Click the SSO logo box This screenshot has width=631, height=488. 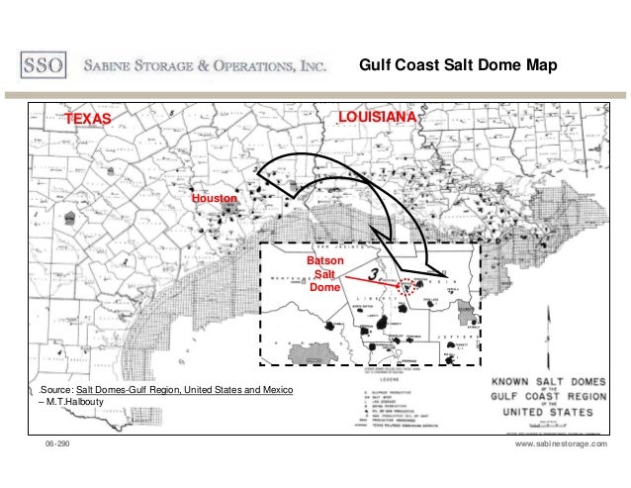pyautogui.click(x=44, y=66)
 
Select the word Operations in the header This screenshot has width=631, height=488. pyautogui.click(x=247, y=66)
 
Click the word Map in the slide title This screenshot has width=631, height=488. pyautogui.click(x=541, y=66)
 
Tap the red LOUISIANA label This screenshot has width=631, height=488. pyautogui.click(x=378, y=118)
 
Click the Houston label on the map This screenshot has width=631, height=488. pyautogui.click(x=215, y=199)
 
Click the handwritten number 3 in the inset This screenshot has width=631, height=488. pyautogui.click(x=374, y=272)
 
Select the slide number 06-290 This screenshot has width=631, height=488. pyautogui.click(x=57, y=447)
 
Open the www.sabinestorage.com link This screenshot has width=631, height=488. pyautogui.click(x=561, y=447)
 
